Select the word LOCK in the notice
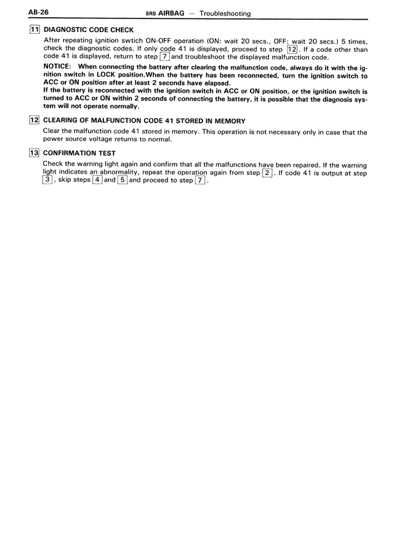click(x=102, y=75)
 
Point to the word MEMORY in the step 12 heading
click(x=229, y=121)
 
